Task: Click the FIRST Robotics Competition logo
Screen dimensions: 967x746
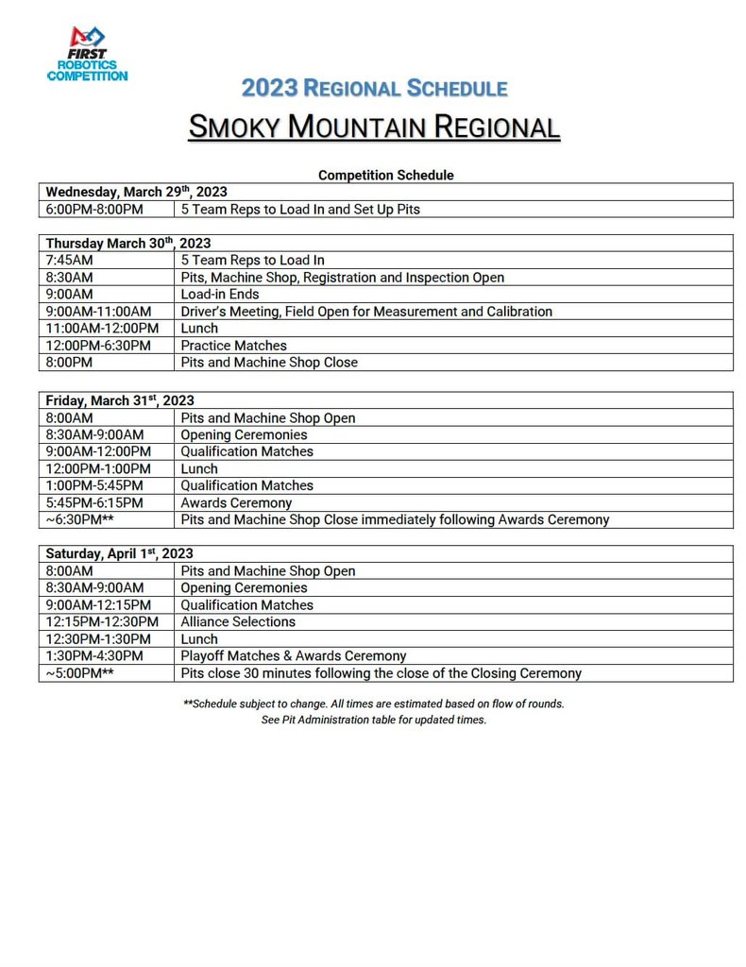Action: [87, 54]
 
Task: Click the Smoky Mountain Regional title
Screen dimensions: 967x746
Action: [374, 126]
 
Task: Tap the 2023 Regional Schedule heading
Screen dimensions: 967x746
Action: [374, 88]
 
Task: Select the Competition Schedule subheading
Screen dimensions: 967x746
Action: [385, 175]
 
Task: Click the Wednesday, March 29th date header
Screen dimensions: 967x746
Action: [137, 191]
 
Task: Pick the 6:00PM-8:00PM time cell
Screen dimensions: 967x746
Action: [94, 209]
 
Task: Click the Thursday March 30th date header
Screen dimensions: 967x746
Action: [128, 243]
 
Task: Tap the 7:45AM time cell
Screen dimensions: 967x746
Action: [69, 260]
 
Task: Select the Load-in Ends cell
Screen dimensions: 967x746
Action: [220, 294]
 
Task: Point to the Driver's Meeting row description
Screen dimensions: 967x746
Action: [366, 311]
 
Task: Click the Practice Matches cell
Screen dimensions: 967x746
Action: [233, 346]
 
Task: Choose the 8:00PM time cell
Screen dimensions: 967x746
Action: [69, 362]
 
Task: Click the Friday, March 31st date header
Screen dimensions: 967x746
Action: [120, 400]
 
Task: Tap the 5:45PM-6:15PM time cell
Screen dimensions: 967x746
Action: [94, 502]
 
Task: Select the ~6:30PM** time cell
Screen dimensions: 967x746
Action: [80, 519]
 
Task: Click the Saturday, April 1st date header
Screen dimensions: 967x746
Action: [120, 553]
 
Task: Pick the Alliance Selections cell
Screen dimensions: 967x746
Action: [238, 621]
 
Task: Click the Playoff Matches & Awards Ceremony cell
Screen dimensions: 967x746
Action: [294, 655]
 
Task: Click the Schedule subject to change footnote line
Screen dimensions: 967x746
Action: [374, 704]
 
